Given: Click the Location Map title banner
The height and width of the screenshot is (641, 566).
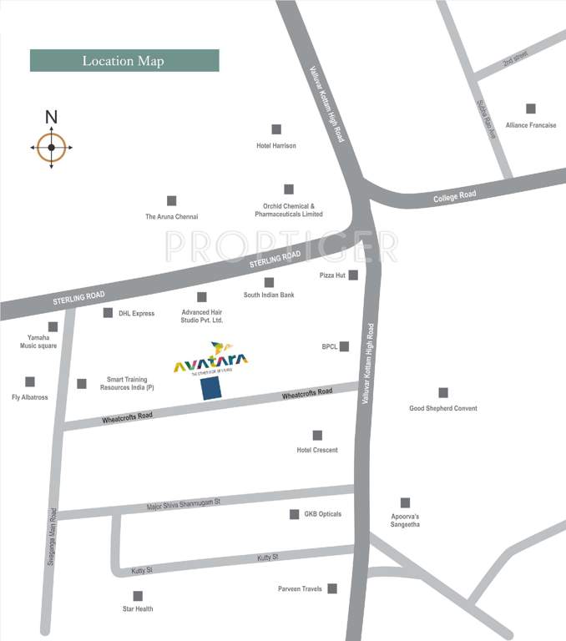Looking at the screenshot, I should click(124, 61).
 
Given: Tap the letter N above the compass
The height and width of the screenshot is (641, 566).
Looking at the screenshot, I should click(51, 118).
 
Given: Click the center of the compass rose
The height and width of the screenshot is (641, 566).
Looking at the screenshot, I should click(51, 148).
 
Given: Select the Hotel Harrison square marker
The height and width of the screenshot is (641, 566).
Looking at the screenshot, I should click(276, 129).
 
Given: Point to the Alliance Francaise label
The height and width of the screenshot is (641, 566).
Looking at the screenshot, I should click(531, 125).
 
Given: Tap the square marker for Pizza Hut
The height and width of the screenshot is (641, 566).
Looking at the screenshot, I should click(353, 275).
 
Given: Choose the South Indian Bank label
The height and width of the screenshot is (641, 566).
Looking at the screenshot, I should click(269, 295).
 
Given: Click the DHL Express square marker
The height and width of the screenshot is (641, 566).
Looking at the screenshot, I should click(108, 313).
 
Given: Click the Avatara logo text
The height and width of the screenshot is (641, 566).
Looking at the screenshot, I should click(210, 361).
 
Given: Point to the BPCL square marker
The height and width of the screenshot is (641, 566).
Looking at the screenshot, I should click(344, 346).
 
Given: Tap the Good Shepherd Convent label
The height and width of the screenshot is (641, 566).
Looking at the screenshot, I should click(442, 409).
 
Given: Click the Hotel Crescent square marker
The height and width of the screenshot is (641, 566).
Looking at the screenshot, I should click(317, 435).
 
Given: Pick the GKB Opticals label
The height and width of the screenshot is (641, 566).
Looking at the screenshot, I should click(322, 514).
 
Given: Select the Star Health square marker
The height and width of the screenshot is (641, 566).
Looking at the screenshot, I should click(138, 596).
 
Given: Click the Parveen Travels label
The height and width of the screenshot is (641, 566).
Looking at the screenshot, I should click(300, 589).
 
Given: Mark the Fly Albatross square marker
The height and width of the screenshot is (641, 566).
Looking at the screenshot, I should click(30, 381).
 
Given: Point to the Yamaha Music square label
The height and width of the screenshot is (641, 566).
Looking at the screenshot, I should click(38, 341).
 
